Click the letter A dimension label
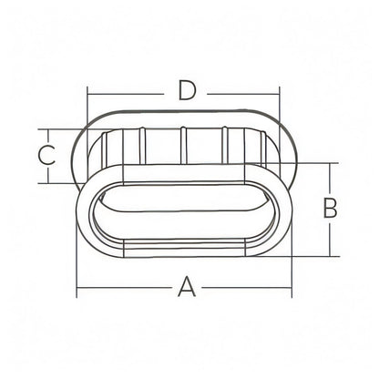coord(187,286)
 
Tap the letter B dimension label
coord(331,208)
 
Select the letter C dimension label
coord(47,155)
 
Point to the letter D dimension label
coord(186,90)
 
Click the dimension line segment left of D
coord(126,94)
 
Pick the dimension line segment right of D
coord(243,94)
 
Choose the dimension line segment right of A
coord(246,287)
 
